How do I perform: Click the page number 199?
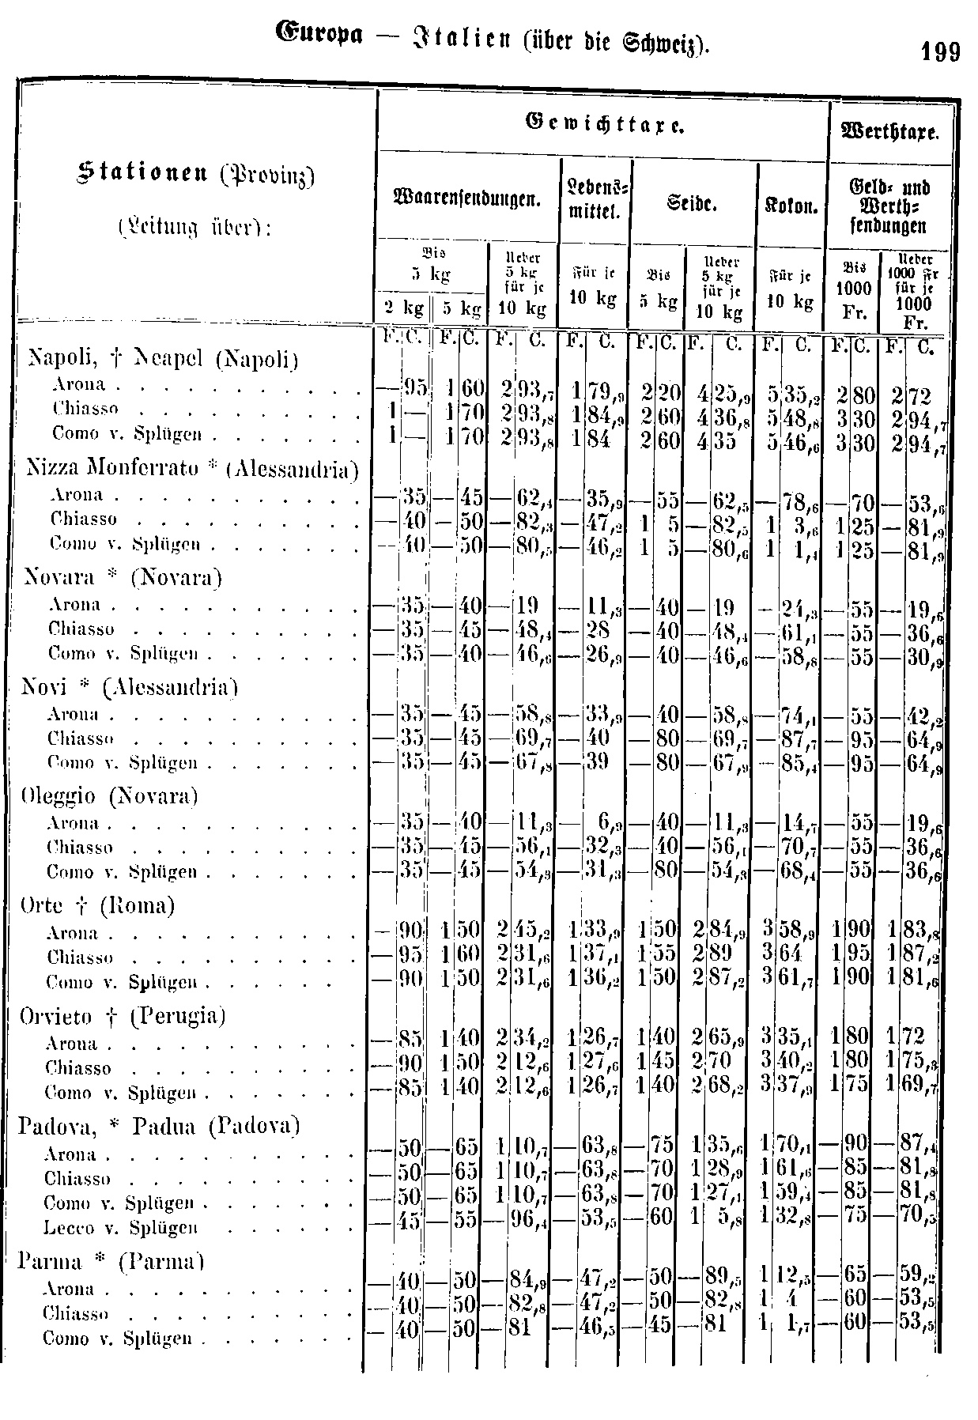pos(940,52)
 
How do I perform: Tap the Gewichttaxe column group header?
pos(603,124)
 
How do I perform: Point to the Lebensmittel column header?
pos(595,201)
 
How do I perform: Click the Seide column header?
pos(693,203)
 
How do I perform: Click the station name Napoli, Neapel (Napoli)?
pos(163,360)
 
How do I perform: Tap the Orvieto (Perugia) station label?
pos(123,1015)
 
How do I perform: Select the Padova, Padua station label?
pos(159,1125)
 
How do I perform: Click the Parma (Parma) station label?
pos(112,1260)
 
